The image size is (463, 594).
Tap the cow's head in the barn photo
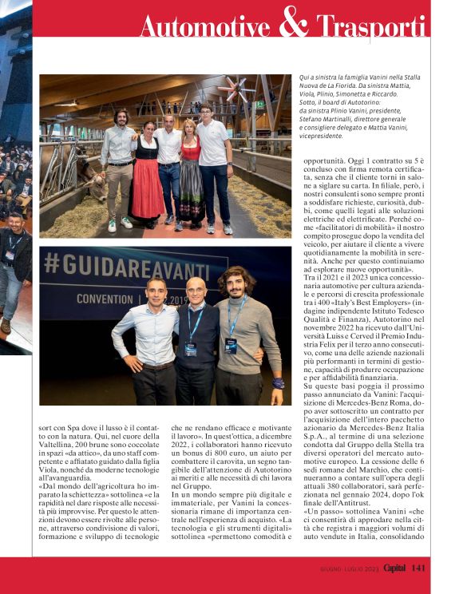tap(86, 168)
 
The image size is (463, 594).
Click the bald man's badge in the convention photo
tap(191, 349)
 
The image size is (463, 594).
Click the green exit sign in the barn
tap(259, 105)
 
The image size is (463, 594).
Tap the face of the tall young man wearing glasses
tap(207, 113)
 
